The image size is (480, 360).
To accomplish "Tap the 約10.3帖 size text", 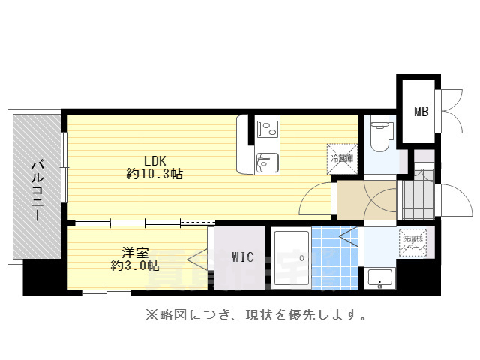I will click(154, 174).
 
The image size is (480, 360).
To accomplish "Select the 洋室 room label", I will click(135, 251).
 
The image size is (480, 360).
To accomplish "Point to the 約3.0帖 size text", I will click(135, 265).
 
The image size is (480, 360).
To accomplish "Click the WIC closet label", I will click(242, 258).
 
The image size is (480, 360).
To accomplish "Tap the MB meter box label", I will click(421, 112).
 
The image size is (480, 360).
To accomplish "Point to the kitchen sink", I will click(266, 162).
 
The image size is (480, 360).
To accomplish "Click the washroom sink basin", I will click(379, 278).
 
